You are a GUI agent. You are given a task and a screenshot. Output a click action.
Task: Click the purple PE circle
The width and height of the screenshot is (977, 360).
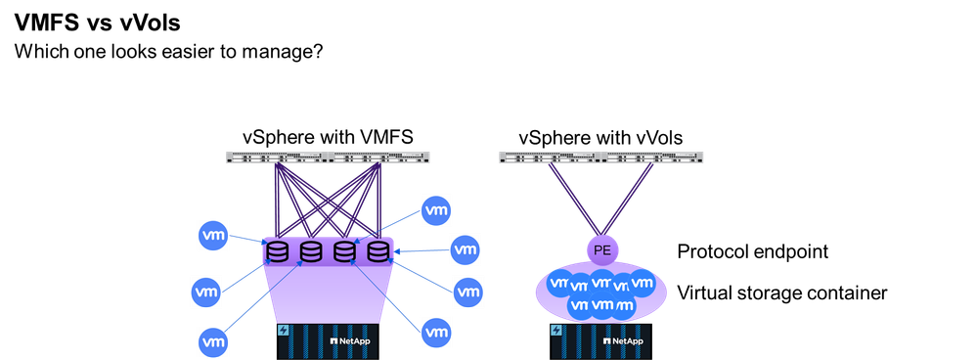click(x=601, y=250)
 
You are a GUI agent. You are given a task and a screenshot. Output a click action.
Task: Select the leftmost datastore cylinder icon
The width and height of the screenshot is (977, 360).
click(x=278, y=252)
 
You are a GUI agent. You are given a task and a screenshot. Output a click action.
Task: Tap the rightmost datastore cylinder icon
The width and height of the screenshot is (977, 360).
click(x=378, y=251)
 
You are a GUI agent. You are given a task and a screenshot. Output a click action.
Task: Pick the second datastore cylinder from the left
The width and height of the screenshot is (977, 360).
click(x=311, y=252)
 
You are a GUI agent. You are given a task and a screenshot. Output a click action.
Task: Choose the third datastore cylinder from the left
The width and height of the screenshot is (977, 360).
click(x=344, y=252)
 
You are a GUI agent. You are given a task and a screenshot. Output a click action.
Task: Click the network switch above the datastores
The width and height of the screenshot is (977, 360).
click(x=328, y=157)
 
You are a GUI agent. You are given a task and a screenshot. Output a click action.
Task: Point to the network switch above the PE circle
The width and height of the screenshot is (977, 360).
click(x=600, y=157)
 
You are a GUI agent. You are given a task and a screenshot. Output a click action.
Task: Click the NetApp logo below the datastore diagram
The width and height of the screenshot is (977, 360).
click(x=349, y=340)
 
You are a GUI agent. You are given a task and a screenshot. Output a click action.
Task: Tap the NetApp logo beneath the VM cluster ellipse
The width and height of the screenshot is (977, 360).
click(x=622, y=340)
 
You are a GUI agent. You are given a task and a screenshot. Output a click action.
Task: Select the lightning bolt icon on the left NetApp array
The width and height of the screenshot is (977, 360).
click(x=285, y=331)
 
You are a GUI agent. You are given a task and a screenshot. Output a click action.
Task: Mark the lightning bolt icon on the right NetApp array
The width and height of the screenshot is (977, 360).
click(x=557, y=331)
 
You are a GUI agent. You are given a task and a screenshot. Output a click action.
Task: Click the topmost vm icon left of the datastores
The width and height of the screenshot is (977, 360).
click(x=213, y=235)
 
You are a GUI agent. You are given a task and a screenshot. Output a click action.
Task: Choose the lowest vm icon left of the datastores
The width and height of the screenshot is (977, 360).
click(x=212, y=341)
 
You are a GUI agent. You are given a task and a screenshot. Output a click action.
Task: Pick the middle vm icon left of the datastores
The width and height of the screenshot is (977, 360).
click(x=206, y=291)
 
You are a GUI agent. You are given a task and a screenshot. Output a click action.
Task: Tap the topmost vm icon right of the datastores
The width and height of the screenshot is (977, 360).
click(x=436, y=209)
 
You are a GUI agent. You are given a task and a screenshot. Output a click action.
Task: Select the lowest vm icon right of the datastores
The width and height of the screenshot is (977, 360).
click(x=436, y=332)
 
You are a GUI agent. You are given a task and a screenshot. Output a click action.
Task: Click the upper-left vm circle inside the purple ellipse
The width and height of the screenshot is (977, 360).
click(x=559, y=285)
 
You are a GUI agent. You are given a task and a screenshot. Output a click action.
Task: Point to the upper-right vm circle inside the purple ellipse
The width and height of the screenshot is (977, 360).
click(x=642, y=284)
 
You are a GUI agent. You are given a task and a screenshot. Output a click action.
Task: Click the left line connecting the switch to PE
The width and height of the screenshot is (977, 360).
click(x=571, y=200)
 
